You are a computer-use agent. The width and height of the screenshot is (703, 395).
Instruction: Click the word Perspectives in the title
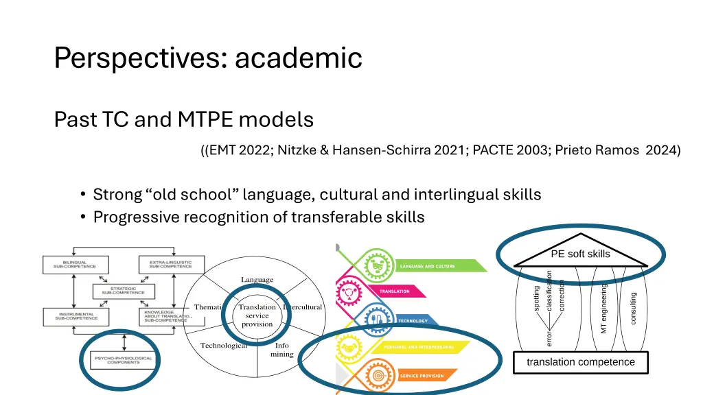tap(136, 58)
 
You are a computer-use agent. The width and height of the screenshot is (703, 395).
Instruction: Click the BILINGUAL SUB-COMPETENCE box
tap(71, 263)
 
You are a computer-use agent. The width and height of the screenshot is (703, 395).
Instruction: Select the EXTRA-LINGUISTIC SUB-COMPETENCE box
tap(166, 263)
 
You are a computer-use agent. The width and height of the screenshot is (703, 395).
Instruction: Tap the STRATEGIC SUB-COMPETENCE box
tap(119, 290)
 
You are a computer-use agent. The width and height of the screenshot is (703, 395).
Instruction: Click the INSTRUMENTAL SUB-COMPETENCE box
tap(71, 316)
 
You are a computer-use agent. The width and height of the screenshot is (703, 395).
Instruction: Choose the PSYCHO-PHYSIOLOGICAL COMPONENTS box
tap(118, 359)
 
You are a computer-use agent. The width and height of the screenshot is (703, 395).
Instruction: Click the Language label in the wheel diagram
tap(257, 280)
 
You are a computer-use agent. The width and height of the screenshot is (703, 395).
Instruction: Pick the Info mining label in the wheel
tap(281, 350)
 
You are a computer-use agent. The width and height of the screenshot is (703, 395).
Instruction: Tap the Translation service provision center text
tap(257, 315)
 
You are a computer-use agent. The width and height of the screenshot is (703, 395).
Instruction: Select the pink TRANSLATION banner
tap(412, 291)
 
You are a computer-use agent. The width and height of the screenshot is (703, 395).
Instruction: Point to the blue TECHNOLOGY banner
tap(419, 320)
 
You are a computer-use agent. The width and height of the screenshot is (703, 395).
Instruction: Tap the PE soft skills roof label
tap(580, 254)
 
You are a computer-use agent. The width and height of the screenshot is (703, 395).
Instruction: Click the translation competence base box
tap(581, 362)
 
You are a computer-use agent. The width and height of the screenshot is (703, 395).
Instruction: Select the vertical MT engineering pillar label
tap(604, 309)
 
